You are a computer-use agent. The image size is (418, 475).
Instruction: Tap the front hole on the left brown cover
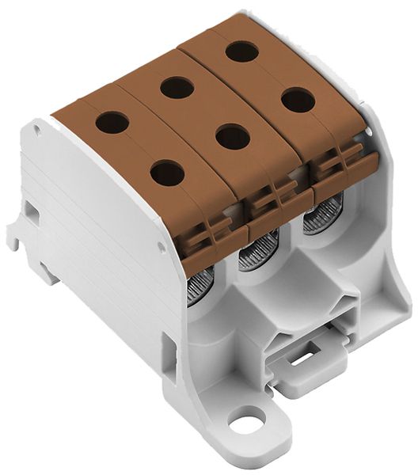167,172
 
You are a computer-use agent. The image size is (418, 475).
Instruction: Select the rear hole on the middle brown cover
177,87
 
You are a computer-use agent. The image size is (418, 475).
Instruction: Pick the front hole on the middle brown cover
233,136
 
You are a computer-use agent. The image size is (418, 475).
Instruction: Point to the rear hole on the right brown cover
241,52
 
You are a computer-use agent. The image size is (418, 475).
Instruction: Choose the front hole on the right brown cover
298,100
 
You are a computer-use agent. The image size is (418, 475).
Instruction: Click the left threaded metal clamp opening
201,286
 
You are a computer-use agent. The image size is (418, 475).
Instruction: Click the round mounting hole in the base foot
251,418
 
